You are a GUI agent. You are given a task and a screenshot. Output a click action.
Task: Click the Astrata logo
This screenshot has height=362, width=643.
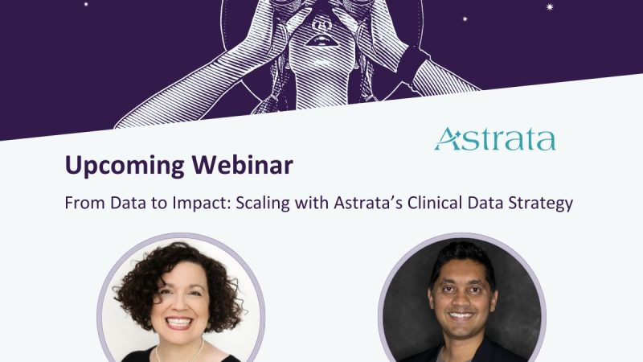click(495, 139)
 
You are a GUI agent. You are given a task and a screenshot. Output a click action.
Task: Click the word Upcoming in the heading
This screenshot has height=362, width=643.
click(125, 166)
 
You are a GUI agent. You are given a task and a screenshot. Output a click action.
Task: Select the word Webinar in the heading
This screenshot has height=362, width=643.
click(243, 164)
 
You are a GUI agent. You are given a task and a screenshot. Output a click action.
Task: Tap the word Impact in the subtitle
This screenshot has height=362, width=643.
click(199, 204)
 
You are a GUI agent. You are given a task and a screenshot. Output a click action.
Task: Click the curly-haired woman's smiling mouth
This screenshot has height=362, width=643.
click(178, 323)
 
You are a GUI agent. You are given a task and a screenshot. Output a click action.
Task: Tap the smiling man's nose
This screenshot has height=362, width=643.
click(461, 303)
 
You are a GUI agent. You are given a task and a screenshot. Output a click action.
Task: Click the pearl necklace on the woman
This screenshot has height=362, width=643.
click(179, 353)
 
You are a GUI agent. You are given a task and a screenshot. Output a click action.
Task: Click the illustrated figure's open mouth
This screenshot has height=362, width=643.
click(322, 41)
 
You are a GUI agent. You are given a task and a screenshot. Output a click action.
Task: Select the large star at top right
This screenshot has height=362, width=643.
click(550, 6)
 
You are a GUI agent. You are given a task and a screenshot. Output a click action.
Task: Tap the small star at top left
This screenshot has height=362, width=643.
click(86, 5)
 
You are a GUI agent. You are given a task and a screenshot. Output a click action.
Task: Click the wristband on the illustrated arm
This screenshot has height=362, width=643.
click(413, 65)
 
